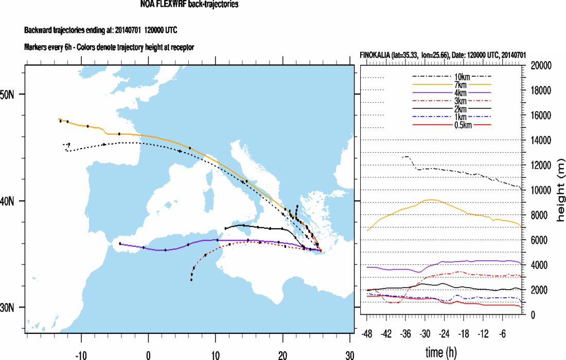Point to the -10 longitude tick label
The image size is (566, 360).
[80, 354]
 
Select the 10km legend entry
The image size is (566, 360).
[451, 76]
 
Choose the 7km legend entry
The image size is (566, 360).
[451, 84]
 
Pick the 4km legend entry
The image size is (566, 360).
[451, 93]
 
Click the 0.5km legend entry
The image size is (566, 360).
[451, 125]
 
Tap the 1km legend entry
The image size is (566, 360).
[451, 117]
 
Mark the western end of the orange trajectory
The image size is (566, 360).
[59, 119]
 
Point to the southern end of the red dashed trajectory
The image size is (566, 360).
[191, 280]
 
